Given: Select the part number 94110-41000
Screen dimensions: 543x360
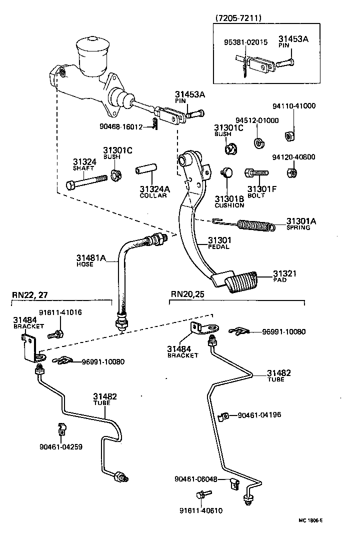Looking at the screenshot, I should [294, 106].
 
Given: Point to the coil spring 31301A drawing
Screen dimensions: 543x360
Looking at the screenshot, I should [255, 226].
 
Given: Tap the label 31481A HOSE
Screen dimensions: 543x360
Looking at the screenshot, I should [91, 260].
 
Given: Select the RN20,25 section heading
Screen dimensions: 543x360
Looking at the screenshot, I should [188, 294].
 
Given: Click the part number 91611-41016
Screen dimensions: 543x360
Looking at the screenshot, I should [61, 312].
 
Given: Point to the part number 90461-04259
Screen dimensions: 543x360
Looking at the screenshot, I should [61, 446].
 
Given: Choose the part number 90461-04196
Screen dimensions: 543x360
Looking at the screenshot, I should [259, 414].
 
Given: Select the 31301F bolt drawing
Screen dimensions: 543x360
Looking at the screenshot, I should [256, 173].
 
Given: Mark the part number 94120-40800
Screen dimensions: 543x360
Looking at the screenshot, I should [294, 157].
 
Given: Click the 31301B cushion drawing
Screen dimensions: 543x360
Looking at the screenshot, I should [227, 173].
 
